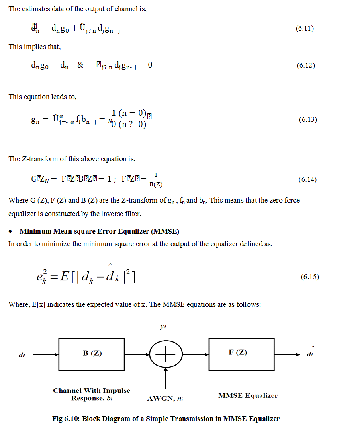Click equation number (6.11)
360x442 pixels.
[x=304, y=29]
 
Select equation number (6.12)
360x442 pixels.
[x=306, y=65]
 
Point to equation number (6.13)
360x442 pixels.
[x=308, y=120]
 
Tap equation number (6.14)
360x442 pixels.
[x=307, y=180]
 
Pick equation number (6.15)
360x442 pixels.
[x=310, y=277]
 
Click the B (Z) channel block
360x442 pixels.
[x=92, y=354]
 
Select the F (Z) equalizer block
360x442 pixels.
[x=241, y=354]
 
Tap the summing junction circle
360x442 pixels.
[x=166, y=354]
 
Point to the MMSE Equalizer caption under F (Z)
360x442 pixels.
[x=248, y=395]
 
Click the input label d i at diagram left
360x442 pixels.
[x=22, y=355]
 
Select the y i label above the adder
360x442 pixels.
[x=163, y=327]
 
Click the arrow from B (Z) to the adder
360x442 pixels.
[x=137, y=354]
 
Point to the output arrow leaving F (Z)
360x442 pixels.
[x=287, y=354]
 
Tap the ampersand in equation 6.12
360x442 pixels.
[x=80, y=65]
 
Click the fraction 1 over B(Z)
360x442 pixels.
[x=156, y=180]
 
